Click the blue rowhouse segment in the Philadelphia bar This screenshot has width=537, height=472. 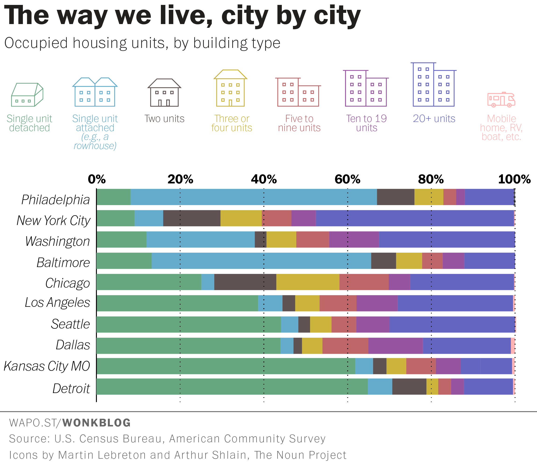(254, 197)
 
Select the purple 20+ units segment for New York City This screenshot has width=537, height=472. (415, 218)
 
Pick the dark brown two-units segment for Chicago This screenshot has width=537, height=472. (245, 282)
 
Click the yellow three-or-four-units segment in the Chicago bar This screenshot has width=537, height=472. (308, 282)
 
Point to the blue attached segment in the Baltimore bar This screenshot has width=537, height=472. (261, 261)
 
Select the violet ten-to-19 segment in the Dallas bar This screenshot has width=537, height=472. (395, 346)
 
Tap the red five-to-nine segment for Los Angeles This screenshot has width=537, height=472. (338, 303)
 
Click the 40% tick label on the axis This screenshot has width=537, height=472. (264, 179)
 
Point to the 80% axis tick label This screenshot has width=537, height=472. (431, 179)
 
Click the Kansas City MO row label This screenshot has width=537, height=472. (47, 366)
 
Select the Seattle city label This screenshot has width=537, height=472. (71, 324)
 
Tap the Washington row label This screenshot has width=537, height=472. (57, 241)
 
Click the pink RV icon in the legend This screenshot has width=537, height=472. (501, 100)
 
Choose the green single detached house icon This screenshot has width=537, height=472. (27, 95)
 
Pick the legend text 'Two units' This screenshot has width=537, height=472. (164, 119)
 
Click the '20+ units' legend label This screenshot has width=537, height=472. (434, 119)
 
